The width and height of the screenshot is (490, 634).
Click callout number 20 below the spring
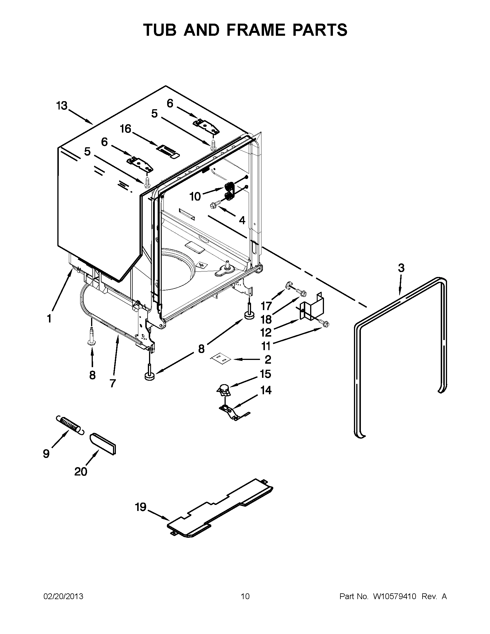tap(80, 472)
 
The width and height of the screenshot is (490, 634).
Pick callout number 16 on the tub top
tap(126, 129)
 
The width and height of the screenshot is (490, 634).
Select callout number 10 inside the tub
tap(195, 197)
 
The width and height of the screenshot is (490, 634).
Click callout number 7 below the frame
tap(113, 383)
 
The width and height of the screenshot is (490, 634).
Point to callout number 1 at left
tap(49, 319)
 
